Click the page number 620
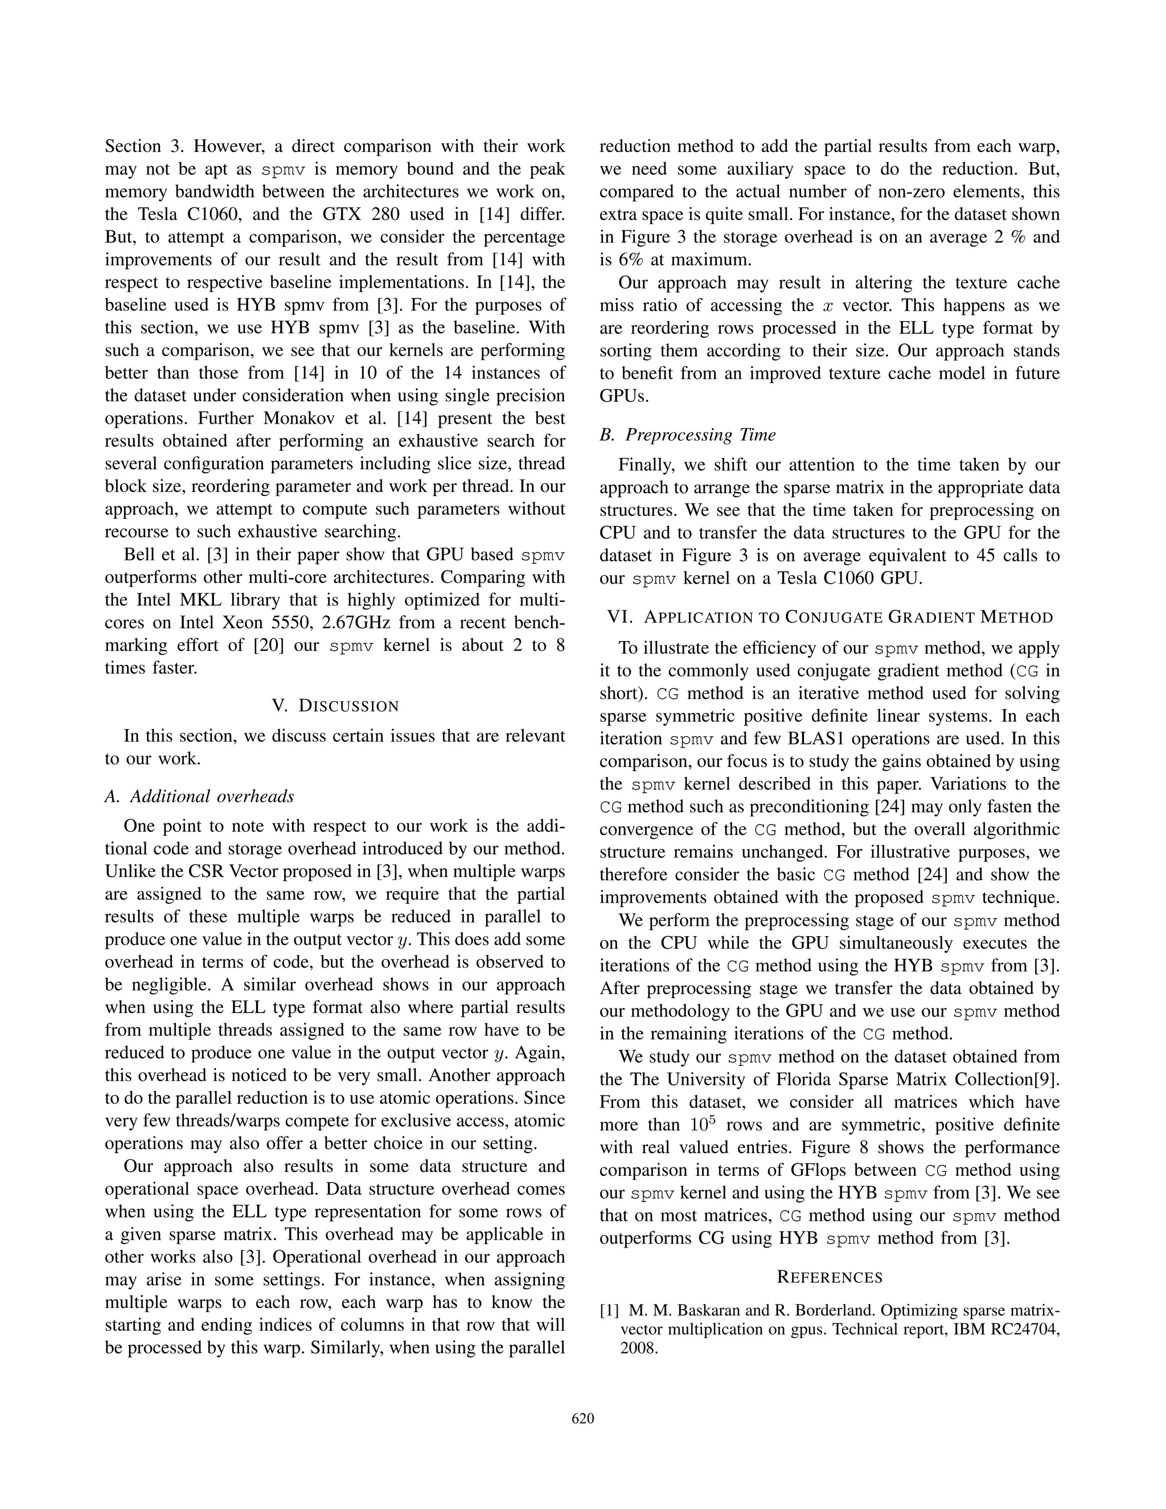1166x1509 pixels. tap(583, 1419)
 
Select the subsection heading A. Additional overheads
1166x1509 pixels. tap(200, 796)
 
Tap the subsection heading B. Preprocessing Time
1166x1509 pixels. tap(687, 434)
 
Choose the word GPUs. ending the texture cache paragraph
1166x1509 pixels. tap(624, 396)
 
